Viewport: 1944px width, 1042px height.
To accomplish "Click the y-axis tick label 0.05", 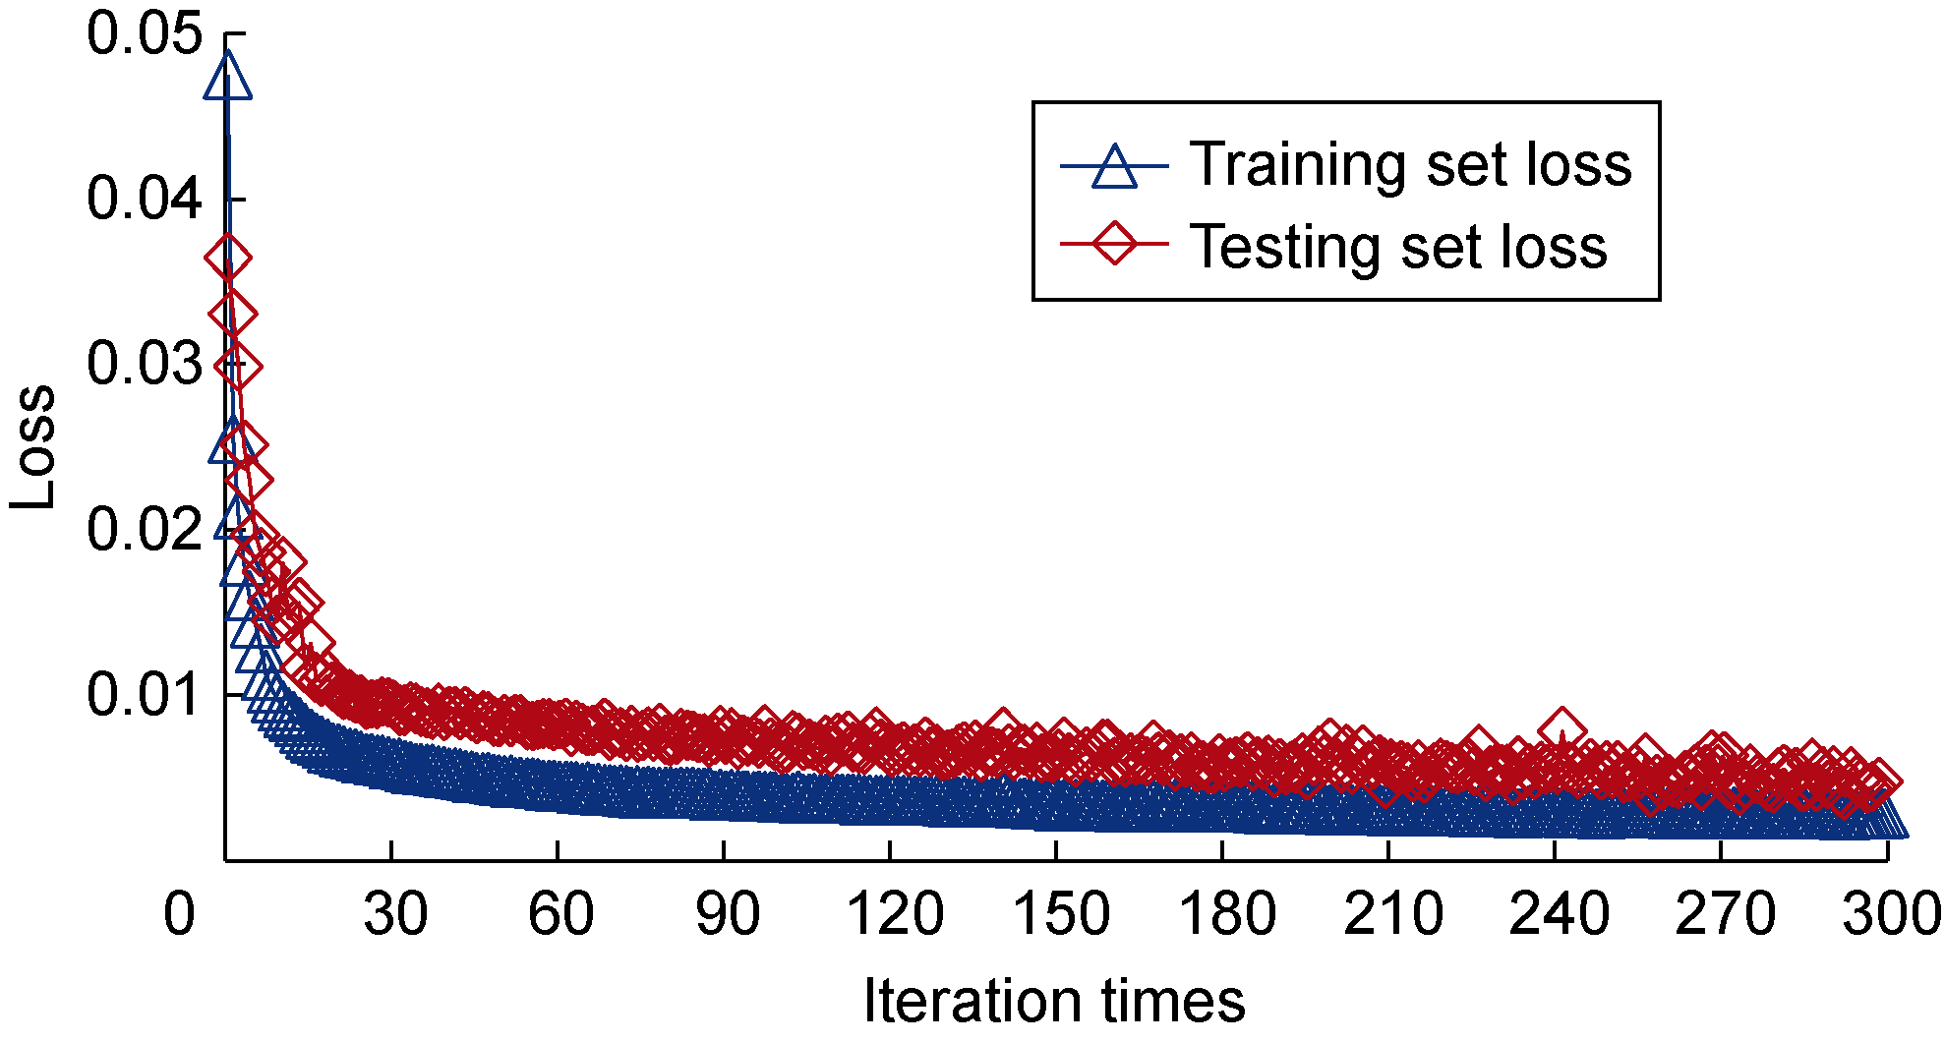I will [144, 35].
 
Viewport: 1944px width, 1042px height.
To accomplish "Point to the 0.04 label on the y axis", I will [144, 200].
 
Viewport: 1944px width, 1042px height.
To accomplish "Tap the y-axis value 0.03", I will [144, 365].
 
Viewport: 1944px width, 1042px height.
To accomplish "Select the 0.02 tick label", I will [144, 530].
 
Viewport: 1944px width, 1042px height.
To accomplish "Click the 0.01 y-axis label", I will [144, 695].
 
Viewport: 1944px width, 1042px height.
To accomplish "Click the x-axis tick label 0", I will [179, 914].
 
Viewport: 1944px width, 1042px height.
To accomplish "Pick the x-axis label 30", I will [394, 914].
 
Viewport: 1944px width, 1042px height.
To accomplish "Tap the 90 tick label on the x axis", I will [727, 914].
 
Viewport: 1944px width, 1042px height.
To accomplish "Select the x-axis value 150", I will [1060, 914].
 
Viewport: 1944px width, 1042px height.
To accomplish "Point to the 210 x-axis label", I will [1392, 914].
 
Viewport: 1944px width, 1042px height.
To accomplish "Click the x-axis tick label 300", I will [1891, 914].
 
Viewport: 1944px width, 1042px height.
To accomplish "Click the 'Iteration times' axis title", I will [1054, 1001].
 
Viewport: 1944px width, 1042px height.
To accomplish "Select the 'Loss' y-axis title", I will [33, 447].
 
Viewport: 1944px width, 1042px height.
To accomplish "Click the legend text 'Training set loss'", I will [1410, 164].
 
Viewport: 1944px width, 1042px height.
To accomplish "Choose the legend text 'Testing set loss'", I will [1398, 246].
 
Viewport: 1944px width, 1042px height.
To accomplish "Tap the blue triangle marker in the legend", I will [1114, 166].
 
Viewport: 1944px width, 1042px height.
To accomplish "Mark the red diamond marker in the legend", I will [1114, 243].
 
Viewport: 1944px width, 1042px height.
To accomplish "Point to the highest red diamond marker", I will [228, 259].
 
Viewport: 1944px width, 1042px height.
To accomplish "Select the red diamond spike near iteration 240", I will [1561, 730].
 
